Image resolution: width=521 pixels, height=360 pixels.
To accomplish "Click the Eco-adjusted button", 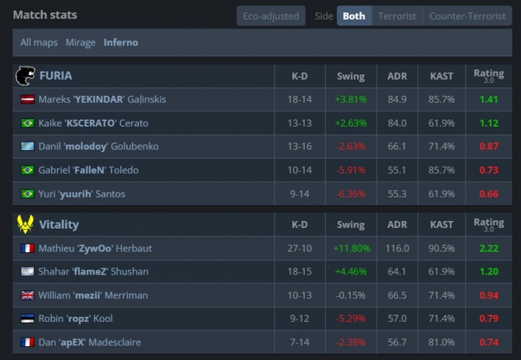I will [271, 16].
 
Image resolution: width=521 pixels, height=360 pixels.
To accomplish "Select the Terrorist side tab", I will [397, 16].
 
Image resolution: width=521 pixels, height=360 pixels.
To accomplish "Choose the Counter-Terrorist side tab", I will [467, 16].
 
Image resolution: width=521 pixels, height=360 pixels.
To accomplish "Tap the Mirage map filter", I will [81, 42].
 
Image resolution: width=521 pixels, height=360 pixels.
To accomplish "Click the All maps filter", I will [39, 42].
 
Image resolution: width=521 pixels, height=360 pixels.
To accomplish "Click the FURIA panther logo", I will [25, 75].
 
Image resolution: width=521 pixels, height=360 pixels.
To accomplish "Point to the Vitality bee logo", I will [25, 224].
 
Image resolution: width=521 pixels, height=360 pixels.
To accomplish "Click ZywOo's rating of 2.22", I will [488, 248].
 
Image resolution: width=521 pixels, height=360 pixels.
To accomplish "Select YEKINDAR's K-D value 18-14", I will [299, 99].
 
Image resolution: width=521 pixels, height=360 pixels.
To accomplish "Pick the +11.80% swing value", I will [352, 248].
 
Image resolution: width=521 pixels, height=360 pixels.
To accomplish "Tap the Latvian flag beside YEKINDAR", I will [28, 99].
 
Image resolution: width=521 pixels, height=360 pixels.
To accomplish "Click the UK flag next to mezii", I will [28, 295].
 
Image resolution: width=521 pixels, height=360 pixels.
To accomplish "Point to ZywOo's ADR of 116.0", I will [397, 248].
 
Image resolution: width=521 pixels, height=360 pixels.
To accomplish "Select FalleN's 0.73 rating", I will [488, 170].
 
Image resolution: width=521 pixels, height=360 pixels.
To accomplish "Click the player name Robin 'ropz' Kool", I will [76, 319].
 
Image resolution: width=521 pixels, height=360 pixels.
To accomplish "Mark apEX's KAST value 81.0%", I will [442, 343].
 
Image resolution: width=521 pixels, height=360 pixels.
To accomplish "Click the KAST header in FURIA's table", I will [442, 76].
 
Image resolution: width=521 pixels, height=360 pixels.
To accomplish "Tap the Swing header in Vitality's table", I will [351, 224].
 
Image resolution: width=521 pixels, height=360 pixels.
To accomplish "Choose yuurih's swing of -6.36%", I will [351, 194].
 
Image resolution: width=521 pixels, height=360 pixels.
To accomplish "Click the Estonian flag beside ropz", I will [28, 319].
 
